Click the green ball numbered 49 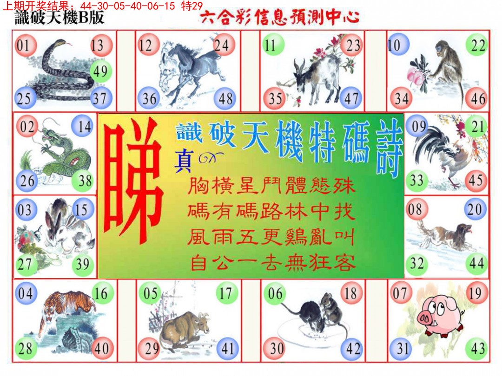point(100,71)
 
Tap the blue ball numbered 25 point(24,98)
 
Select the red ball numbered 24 point(223,45)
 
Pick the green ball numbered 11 point(273,45)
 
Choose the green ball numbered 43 point(477,348)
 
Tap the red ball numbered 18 point(351,293)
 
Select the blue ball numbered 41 point(227,348)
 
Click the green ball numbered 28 point(26,348)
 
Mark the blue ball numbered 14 point(84,127)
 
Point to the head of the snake point(61,43)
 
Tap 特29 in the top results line point(192,6)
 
